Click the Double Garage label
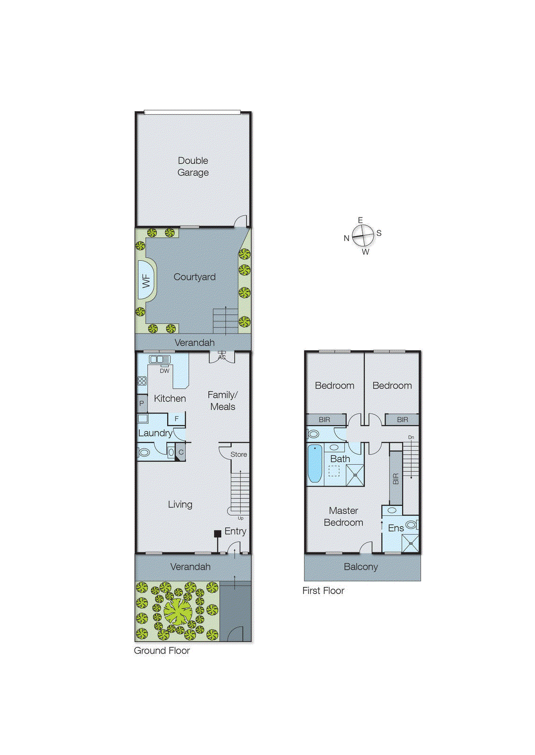coord(193,167)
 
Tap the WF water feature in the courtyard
coord(146,281)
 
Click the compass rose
coord(363,235)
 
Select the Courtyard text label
coord(194,277)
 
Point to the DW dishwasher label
coord(164,371)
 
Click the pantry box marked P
coord(142,403)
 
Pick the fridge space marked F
coord(177,419)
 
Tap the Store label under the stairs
coord(238,454)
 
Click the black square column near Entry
coord(218,534)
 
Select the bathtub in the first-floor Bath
coord(314,463)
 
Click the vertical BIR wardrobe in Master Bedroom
coord(396,478)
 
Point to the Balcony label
coord(361,567)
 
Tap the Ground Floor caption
coord(161,650)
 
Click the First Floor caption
coord(323,590)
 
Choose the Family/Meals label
coord(222,401)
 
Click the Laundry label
coord(155,433)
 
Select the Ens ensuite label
coord(396,528)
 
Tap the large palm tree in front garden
coord(178,610)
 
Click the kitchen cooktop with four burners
coord(142,380)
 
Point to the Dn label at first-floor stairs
coord(411,437)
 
